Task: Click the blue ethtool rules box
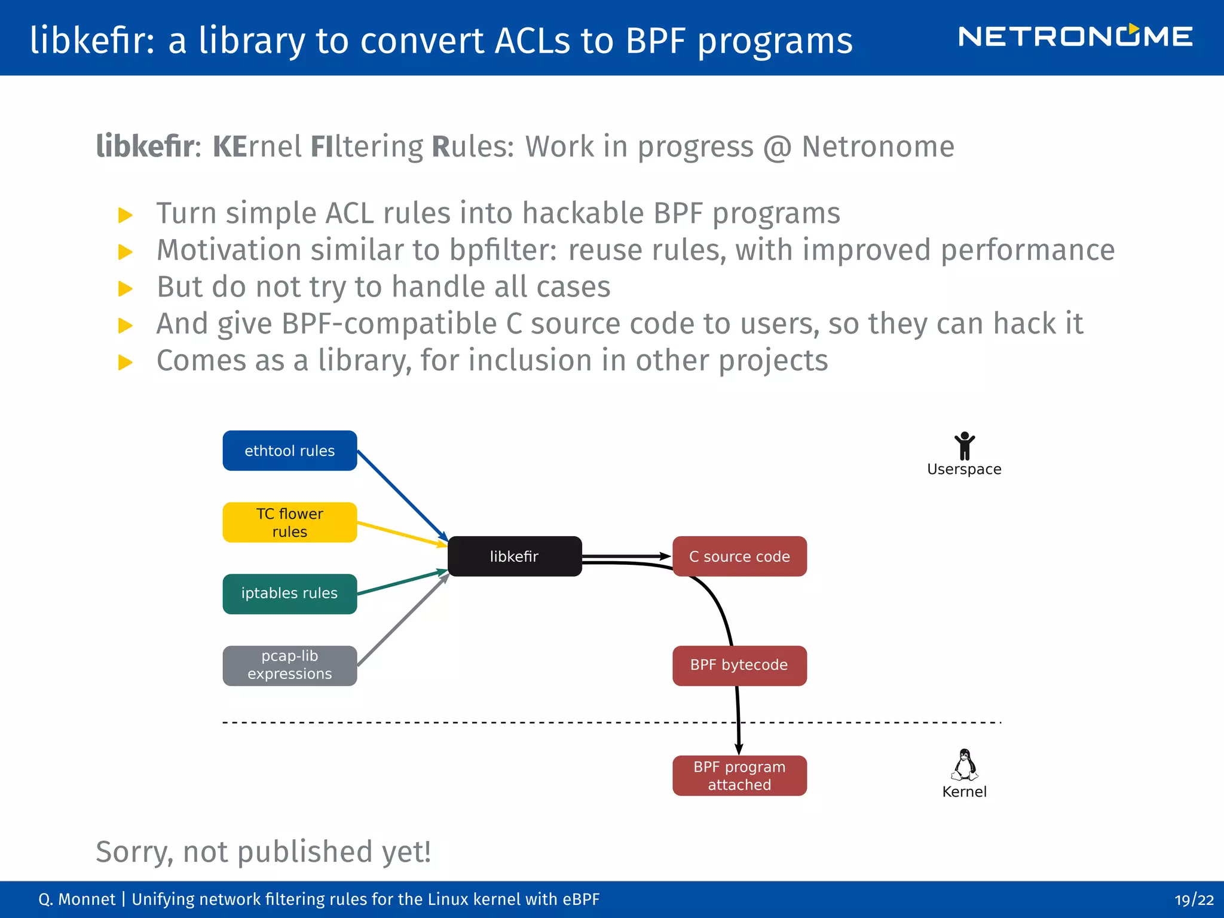tap(290, 451)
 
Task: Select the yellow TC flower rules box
tap(290, 522)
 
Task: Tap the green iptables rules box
tap(290, 593)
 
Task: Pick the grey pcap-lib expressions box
tap(290, 665)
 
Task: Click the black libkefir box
tap(515, 556)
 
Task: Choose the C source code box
tap(739, 556)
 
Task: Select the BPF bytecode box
tap(739, 665)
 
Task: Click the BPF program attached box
tap(739, 776)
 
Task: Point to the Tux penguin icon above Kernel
tap(964, 765)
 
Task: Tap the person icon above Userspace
tap(964, 446)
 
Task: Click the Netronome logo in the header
tap(1075, 37)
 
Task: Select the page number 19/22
tap(1194, 900)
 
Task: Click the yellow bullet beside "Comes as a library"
tap(126, 362)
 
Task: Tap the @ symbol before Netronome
tap(778, 147)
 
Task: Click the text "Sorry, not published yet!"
tap(264, 851)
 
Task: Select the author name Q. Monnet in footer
tap(76, 900)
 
